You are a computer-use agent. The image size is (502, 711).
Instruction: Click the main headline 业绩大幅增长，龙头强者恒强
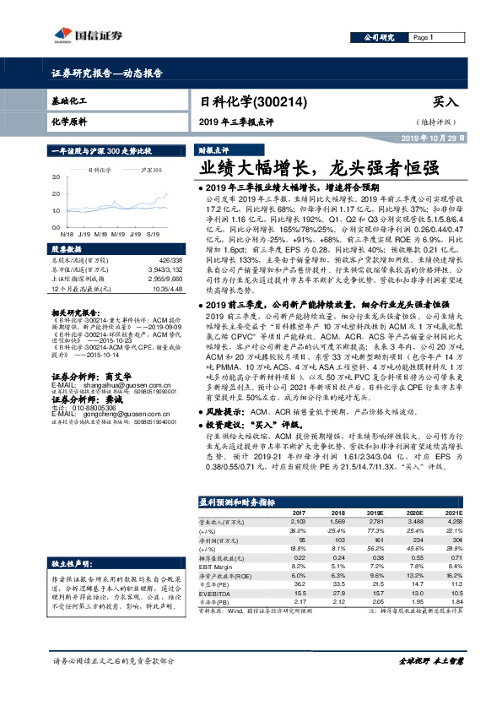[x=313, y=166]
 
